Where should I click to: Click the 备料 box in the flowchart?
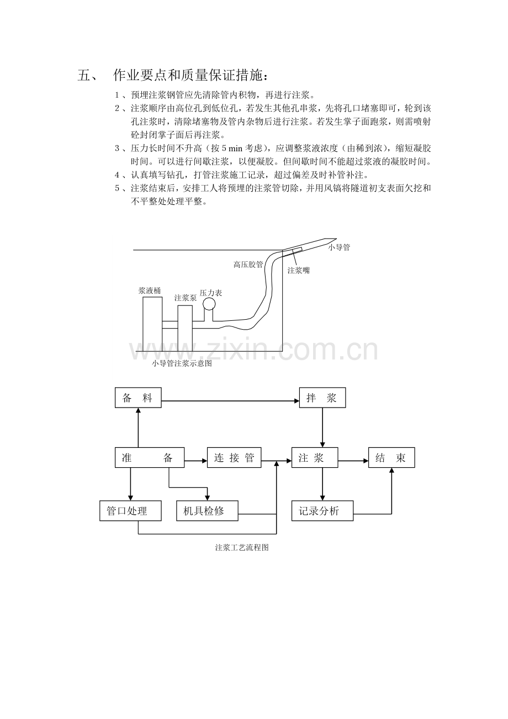[138, 398]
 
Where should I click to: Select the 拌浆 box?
[322, 398]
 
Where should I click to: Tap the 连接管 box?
[234, 457]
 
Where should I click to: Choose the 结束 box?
[391, 457]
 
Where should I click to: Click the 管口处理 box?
[130, 511]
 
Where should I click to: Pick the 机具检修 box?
[207, 511]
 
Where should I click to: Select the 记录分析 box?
[322, 511]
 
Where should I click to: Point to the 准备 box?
[150, 457]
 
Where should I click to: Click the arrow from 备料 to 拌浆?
[230, 400]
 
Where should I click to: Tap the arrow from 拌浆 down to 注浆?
[322, 427]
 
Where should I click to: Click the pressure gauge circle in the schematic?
[209, 304]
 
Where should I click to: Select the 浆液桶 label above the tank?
[150, 291]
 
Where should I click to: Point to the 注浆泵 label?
[186, 298]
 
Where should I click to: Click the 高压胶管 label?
[248, 265]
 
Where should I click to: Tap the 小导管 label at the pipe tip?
[339, 247]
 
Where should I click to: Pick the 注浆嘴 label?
[298, 271]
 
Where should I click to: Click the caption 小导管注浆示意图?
[182, 364]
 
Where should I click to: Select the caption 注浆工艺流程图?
[242, 548]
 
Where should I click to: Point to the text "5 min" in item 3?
[232, 149]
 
